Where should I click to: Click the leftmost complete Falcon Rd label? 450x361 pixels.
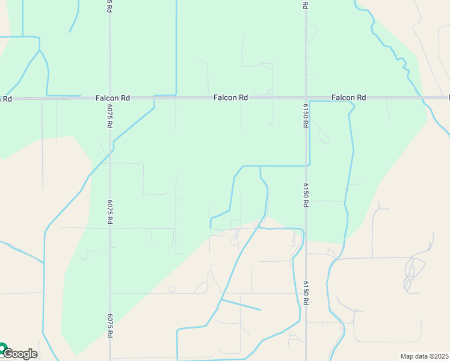(x=112, y=97)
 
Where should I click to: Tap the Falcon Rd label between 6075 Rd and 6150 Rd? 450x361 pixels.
(x=231, y=97)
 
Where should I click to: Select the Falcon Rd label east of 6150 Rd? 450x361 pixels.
(x=349, y=97)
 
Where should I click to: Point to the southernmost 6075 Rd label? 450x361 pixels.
(x=110, y=326)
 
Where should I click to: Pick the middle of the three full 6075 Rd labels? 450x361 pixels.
(x=110, y=212)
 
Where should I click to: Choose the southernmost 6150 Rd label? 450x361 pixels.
(x=306, y=293)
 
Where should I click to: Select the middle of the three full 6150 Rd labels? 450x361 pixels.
(x=306, y=196)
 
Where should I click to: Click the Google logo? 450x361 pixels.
(x=20, y=354)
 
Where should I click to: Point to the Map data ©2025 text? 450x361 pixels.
(x=425, y=356)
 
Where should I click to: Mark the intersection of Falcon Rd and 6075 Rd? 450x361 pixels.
(x=109, y=97)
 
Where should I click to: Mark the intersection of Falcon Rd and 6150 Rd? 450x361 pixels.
(x=306, y=97)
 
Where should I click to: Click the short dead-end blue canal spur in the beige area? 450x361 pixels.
(x=241, y=305)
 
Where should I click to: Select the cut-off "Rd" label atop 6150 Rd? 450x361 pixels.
(x=306, y=5)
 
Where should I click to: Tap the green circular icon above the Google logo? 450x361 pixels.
(x=2, y=347)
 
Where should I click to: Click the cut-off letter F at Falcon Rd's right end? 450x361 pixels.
(x=448, y=97)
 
